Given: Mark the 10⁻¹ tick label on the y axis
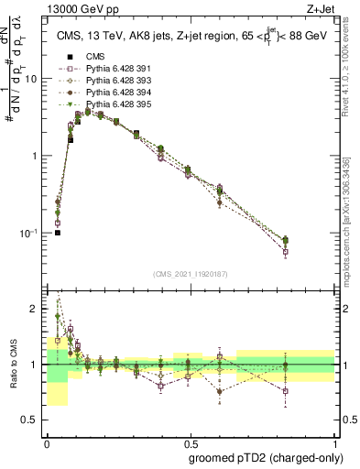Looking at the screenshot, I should click(x=31, y=234).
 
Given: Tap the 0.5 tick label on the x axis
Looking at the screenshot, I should click(x=190, y=441).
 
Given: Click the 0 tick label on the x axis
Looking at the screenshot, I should click(x=47, y=441).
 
